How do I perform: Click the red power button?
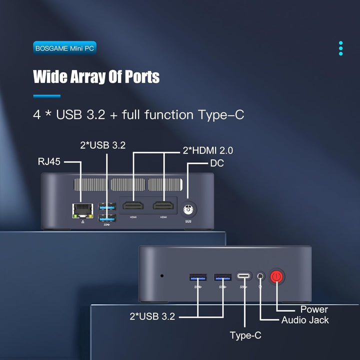[276, 276]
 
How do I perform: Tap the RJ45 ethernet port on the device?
[82, 211]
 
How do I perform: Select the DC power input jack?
[188, 209]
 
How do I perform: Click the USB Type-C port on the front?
[244, 275]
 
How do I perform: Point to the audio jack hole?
[260, 275]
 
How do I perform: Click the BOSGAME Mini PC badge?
[64, 48]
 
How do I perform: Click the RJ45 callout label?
[49, 161]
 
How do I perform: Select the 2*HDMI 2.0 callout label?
[208, 150]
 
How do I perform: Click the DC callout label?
[217, 163]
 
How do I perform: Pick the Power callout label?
[314, 309]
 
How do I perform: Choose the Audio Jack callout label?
[305, 320]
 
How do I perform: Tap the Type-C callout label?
[245, 335]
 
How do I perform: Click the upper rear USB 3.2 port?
[107, 206]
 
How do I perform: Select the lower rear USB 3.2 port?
[107, 218]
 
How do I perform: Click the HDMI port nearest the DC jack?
[163, 205]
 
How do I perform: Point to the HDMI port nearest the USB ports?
[133, 205]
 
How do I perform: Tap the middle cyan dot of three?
[340, 48]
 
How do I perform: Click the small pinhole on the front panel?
[162, 275]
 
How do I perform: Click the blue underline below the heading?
[47, 96]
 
